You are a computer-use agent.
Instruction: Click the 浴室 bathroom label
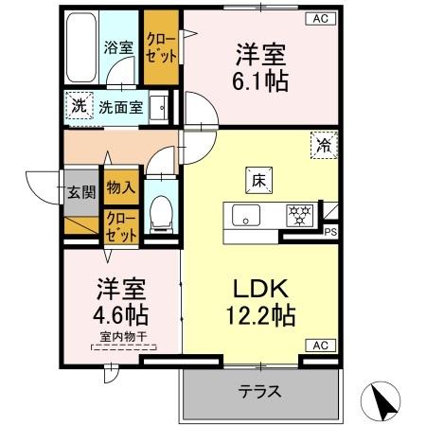117,45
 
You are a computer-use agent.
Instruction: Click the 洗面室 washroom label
122,107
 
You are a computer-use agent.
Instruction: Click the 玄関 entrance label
80,192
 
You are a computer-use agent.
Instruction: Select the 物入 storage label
119,190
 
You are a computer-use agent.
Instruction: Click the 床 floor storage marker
257,178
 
